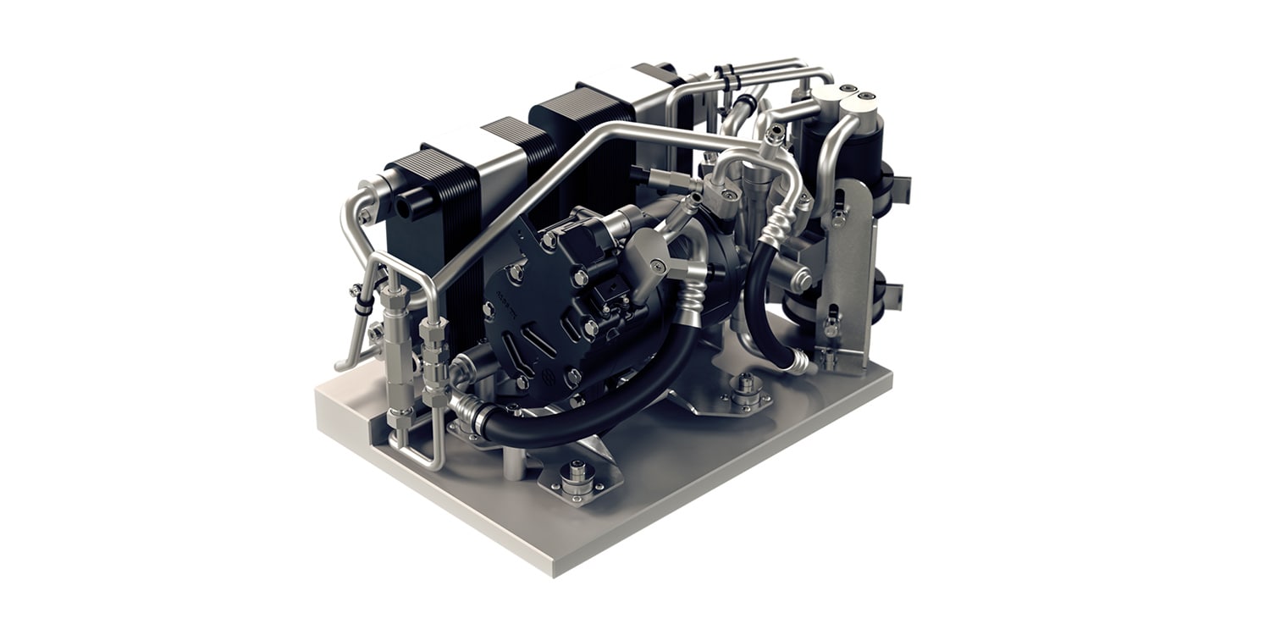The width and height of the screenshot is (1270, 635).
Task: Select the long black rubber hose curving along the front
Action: [x=593, y=398]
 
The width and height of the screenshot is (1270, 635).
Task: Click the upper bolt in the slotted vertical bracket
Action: [x=837, y=217]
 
